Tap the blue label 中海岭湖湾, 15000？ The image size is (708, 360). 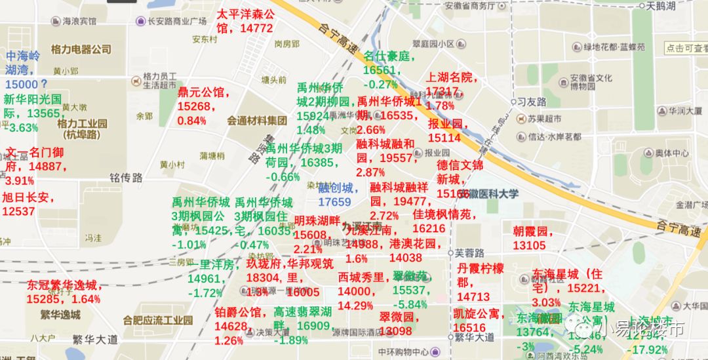pos(26,70)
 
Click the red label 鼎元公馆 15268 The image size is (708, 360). pos(203,106)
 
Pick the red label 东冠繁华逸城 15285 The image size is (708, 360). pos(64,292)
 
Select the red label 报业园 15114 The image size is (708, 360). pos(446,130)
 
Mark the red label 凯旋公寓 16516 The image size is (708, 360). pos(479,321)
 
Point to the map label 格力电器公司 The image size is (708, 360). pos(81,49)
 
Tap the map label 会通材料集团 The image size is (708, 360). pos(257,121)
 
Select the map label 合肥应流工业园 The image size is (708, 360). pos(157,321)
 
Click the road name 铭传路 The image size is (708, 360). pos(126,178)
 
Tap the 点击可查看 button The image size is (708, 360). pos(686,48)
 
